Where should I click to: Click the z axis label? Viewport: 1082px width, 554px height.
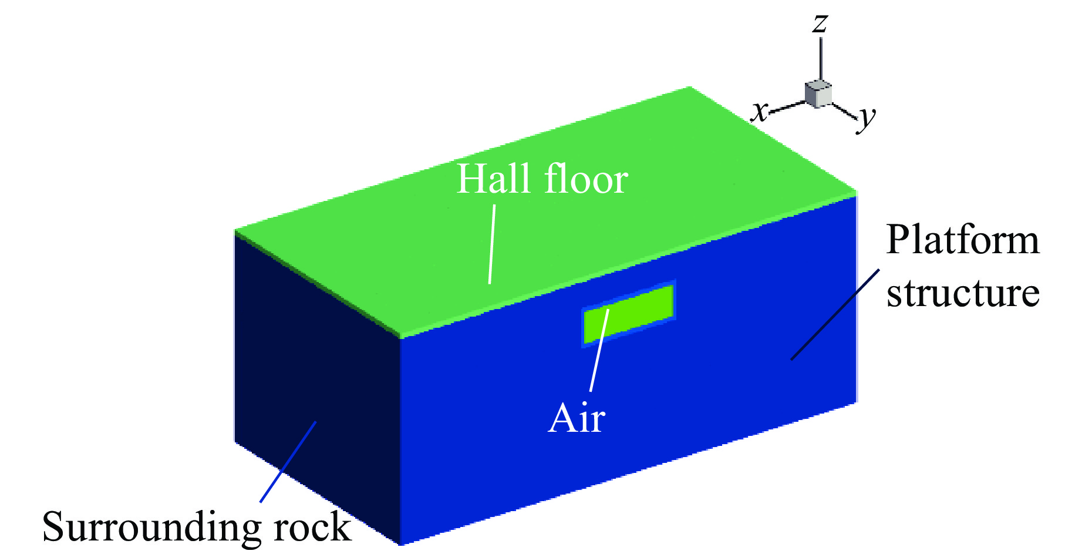click(820, 23)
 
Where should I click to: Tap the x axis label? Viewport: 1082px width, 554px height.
click(760, 110)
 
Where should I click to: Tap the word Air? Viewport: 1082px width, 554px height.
click(577, 418)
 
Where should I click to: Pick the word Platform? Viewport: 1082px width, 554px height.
click(963, 240)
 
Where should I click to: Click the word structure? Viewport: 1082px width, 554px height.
click(963, 293)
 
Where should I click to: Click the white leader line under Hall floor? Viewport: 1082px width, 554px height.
click(492, 244)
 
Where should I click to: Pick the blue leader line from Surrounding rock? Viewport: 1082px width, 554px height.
click(288, 462)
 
